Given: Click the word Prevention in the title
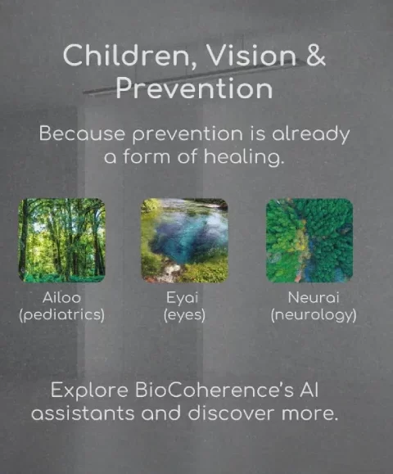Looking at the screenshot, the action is pos(194,88).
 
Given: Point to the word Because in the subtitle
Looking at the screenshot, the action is pos(82,133).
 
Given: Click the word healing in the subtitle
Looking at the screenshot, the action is pos(244,157).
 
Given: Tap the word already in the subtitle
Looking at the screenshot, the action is pos(311,134).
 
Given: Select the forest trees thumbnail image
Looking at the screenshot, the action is pos(61,241).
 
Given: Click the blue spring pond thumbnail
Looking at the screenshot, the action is pos(184,241).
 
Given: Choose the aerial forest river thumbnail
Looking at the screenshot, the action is pos(309,241).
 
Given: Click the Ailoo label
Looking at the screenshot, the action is pos(61,297).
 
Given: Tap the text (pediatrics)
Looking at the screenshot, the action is pos(61,315).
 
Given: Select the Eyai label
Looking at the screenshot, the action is pos(183,298).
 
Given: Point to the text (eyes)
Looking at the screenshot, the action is pos(184,315).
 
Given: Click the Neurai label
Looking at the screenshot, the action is pos(314,297).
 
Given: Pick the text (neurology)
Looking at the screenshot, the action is pos(314,315).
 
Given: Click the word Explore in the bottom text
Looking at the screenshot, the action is pos(89,390).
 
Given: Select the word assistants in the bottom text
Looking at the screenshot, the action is pos(83,413).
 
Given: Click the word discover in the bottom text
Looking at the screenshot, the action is pos(231,413).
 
